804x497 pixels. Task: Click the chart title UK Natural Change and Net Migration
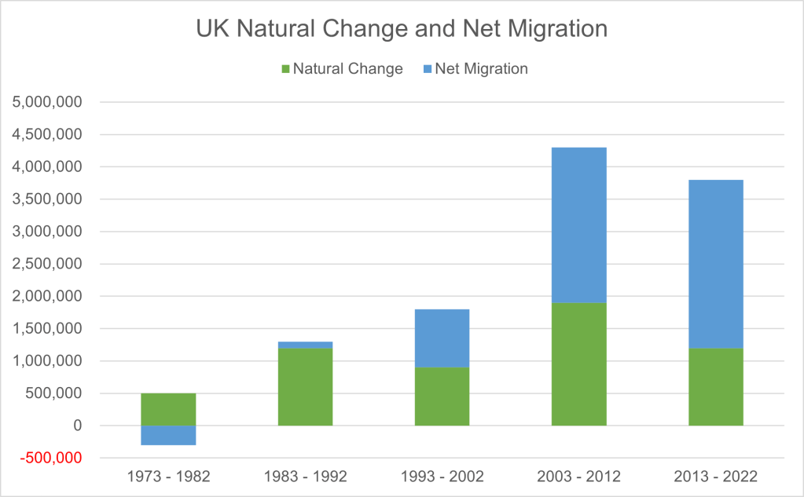(402, 28)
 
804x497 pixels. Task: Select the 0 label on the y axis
(77, 426)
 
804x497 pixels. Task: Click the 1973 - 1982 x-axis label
(168, 477)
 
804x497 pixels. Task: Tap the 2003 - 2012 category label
(578, 477)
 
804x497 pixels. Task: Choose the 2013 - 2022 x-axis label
(715, 477)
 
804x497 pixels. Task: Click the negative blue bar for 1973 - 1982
(168, 435)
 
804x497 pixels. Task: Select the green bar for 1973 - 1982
(168, 409)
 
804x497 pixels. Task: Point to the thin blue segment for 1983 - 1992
(305, 345)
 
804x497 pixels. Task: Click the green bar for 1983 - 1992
(305, 386)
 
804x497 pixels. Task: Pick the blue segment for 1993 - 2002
(442, 338)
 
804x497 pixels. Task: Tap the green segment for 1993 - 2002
(442, 397)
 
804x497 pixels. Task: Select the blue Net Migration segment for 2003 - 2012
(578, 225)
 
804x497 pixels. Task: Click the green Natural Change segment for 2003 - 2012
(578, 364)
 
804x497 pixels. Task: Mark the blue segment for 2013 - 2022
(715, 264)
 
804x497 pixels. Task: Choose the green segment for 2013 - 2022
(715, 386)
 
